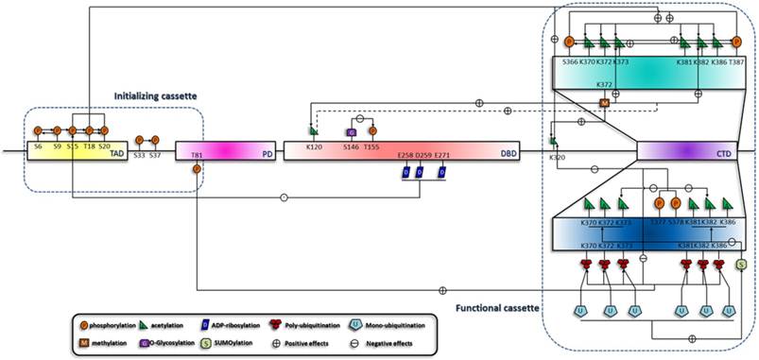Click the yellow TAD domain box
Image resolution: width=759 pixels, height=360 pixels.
(75, 152)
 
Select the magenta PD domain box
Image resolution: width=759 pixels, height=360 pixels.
(235, 152)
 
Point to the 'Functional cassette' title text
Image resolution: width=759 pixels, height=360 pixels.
(492, 307)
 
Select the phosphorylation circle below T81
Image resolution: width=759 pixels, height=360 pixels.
(197, 169)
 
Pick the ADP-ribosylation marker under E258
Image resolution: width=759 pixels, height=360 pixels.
(404, 173)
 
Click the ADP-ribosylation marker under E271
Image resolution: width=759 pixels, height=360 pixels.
(442, 173)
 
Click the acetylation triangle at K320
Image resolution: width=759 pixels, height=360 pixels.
(554, 142)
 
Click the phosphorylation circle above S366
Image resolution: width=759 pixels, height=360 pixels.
(569, 43)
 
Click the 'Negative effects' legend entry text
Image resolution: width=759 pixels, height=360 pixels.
(489, 341)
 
